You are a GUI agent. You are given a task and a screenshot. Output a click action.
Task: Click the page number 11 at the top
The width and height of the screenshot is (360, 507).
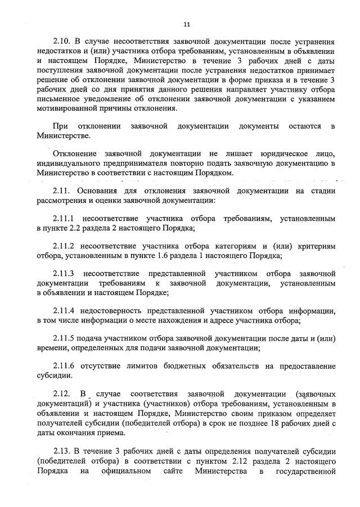pyautogui.click(x=187, y=24)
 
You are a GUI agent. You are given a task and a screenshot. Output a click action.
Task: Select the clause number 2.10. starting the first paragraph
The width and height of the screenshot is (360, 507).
pyautogui.click(x=62, y=43)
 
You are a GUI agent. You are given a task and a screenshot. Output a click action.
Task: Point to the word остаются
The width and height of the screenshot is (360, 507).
pyautogui.click(x=305, y=126)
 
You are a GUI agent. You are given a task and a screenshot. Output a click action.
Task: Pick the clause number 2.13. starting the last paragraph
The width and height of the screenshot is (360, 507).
pyautogui.click(x=62, y=451)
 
